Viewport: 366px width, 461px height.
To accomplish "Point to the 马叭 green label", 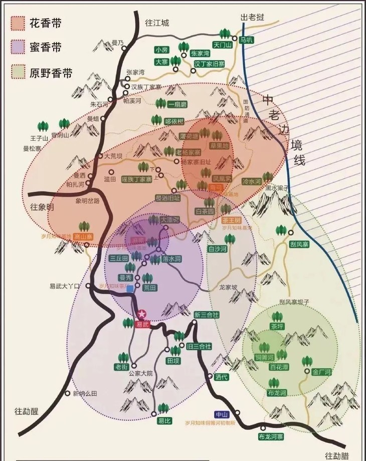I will point(247,41).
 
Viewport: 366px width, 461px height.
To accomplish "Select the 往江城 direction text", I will point(157,23).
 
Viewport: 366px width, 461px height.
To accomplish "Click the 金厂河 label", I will point(321,372).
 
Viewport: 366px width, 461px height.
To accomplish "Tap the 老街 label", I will point(122,367).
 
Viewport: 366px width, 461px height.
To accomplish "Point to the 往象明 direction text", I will point(42,207).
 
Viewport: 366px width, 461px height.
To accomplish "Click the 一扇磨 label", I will point(177,105).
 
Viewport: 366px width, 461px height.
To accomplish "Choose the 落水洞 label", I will point(171,259).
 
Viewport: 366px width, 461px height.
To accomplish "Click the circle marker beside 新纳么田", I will point(67,393).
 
